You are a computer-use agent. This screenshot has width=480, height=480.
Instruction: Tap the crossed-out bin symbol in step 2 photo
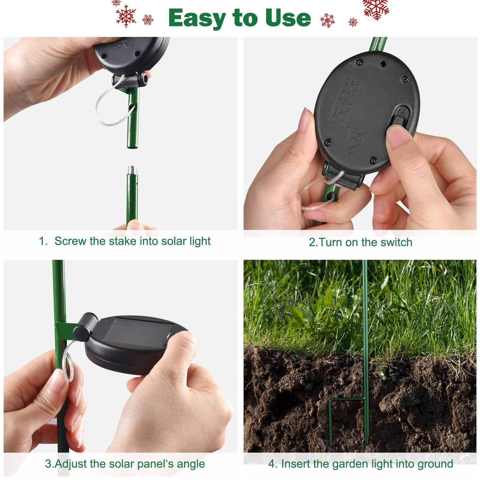358,137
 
